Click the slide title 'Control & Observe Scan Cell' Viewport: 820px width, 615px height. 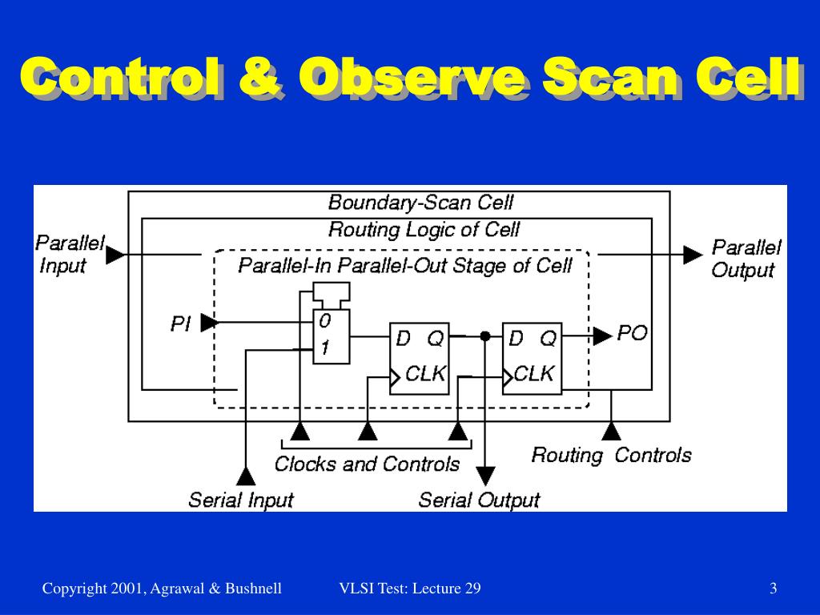click(x=410, y=78)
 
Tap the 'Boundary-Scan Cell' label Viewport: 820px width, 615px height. click(x=420, y=203)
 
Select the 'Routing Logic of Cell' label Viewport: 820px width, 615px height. click(x=424, y=230)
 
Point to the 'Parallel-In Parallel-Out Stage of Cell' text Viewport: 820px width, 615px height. click(x=405, y=265)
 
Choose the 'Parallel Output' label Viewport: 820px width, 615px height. click(x=745, y=258)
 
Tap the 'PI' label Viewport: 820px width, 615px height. click(x=181, y=324)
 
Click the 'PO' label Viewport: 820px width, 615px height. click(x=632, y=333)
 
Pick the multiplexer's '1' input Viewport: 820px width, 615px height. click(x=324, y=349)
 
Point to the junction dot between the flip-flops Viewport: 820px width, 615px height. click(x=484, y=336)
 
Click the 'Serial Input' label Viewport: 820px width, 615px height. click(x=241, y=500)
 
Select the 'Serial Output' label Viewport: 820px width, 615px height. click(x=479, y=500)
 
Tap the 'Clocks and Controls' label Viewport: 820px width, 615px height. click(x=367, y=464)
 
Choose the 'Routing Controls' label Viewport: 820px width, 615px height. click(x=611, y=456)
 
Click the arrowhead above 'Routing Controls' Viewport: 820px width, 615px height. click(x=611, y=432)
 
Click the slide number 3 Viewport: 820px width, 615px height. click(x=774, y=589)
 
